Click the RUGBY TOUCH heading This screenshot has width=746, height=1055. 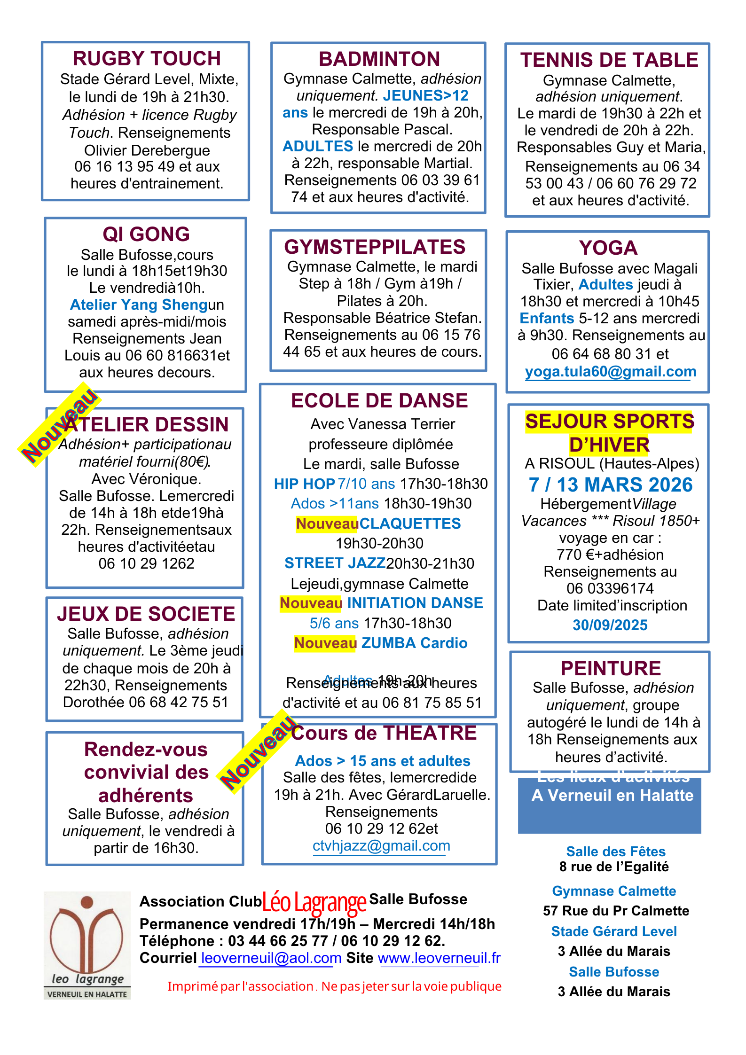147,59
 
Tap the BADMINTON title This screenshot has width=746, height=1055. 379,59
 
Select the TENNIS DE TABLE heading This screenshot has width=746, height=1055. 609,60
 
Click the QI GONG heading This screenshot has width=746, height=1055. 146,234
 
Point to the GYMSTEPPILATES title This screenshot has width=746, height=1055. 375,247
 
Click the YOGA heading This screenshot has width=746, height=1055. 608,248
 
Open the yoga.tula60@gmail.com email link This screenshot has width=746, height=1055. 610,372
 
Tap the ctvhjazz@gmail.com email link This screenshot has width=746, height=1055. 381,846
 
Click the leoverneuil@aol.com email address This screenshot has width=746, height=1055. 271,958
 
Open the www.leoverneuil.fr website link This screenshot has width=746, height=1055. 439,958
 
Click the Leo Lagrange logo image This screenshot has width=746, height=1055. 87,945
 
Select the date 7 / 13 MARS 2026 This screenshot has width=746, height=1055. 610,485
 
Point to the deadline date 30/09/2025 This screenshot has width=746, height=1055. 610,625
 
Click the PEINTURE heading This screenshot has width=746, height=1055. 611,668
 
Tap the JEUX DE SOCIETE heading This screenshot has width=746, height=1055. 146,614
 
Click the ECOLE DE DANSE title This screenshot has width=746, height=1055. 379,401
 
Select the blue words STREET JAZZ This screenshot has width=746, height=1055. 335,563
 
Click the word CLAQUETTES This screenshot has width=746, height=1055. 410,524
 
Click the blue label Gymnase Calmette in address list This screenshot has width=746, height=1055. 614,891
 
